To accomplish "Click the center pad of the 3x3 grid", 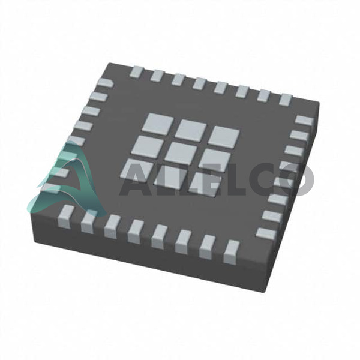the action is tap(181, 152).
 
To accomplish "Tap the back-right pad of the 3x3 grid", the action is tap(224, 136).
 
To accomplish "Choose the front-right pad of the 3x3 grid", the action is tap(205, 183).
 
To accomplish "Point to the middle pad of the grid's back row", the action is tap(191, 130).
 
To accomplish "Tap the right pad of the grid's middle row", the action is tap(215, 158).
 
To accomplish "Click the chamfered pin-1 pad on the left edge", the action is tap(105, 82).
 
